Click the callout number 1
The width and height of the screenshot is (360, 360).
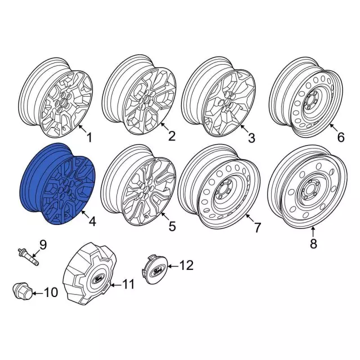click(x=89, y=137)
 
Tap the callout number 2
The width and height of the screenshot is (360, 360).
click(x=172, y=136)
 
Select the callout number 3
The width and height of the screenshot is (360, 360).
click(x=251, y=138)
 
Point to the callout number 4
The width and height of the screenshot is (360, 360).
click(x=92, y=221)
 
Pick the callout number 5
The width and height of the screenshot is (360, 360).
click(x=172, y=226)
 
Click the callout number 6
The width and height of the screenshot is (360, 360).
click(x=341, y=137)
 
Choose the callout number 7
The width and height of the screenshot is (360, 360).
click(x=258, y=227)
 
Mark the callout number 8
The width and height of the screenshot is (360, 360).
click(x=313, y=244)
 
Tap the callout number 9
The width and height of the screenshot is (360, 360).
click(x=43, y=245)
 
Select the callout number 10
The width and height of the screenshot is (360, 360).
click(x=51, y=292)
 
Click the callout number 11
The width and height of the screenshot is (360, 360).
click(x=128, y=284)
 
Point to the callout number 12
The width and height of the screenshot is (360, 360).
click(x=186, y=265)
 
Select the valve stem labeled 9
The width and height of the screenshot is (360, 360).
click(x=28, y=258)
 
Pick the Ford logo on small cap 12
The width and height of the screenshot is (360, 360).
click(x=157, y=271)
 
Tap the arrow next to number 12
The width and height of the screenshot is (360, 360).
click(x=173, y=266)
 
